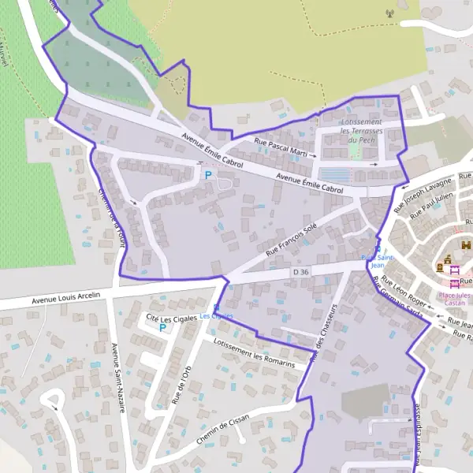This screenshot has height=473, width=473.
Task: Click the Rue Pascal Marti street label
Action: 281,147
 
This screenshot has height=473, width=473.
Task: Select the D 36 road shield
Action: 300,272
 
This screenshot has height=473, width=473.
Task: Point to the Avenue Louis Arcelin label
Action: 66,297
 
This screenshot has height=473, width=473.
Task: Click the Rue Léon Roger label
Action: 404,290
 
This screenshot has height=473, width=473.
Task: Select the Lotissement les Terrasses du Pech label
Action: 361,131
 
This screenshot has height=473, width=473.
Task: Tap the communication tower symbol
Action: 389,13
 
